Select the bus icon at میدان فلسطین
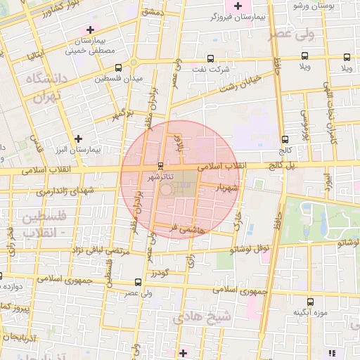[118, 68]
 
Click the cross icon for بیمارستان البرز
[78, 139]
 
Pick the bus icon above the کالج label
[284, 139]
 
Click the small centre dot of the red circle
[167, 189]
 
